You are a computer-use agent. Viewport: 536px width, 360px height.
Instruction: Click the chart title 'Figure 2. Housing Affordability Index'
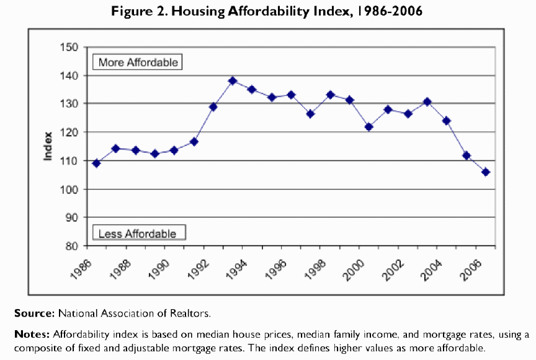click(267, 12)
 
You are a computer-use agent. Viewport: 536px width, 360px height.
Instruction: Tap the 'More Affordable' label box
click(138, 62)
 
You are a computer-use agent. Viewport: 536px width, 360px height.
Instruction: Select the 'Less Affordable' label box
click(137, 233)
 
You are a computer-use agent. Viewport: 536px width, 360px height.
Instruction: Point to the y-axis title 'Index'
click(48, 147)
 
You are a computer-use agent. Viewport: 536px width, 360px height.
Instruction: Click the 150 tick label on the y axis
click(69, 47)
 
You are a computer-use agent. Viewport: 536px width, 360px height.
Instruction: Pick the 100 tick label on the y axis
click(69, 189)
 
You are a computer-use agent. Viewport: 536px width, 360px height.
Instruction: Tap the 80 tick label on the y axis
click(72, 246)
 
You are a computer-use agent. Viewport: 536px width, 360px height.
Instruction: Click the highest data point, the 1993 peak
click(233, 81)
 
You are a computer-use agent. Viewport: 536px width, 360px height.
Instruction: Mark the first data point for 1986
click(96, 163)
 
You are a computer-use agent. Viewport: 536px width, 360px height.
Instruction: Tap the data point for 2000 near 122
click(368, 127)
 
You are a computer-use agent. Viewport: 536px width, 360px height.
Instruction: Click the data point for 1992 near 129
click(213, 107)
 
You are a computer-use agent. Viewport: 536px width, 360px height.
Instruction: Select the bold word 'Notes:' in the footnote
click(33, 335)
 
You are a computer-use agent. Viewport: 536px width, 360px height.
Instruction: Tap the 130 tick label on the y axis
click(69, 104)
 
